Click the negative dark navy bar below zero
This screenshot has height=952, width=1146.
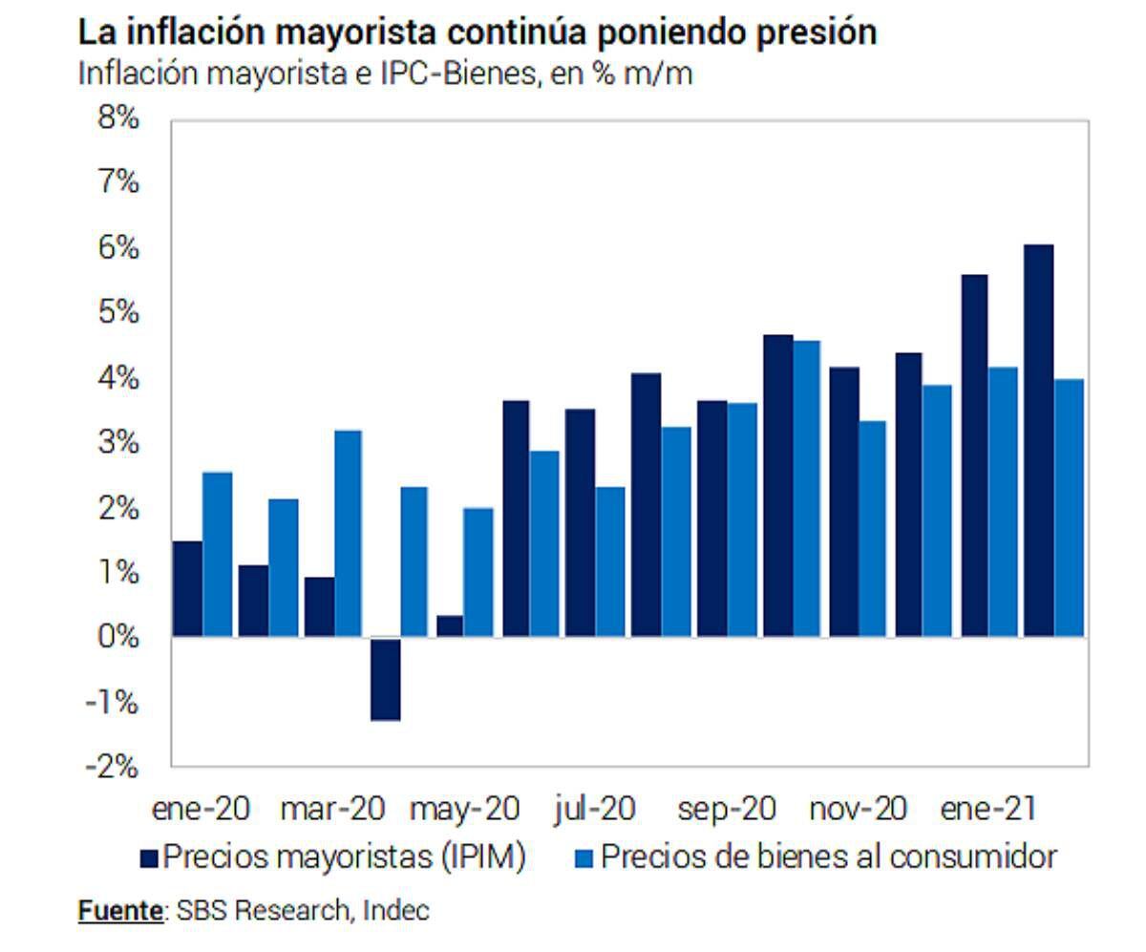pos(385,678)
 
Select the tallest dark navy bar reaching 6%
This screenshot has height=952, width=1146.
pos(1038,440)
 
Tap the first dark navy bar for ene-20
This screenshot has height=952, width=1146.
pos(187,588)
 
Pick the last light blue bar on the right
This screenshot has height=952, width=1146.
pos(1070,507)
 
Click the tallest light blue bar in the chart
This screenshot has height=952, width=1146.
pos(806,488)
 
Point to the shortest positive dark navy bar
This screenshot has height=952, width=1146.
pos(450,625)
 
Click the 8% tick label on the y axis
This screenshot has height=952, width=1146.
pos(118,119)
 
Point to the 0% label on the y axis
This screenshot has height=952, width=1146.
pos(118,636)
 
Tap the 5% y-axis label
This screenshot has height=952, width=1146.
pos(118,313)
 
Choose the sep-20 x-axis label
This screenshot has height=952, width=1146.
pos(726,810)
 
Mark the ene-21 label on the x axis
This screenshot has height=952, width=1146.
pos(988,810)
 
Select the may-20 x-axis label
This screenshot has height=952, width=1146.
pos(464,810)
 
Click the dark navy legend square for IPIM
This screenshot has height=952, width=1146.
pos(149,858)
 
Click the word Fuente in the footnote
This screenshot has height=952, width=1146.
pos(118,910)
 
